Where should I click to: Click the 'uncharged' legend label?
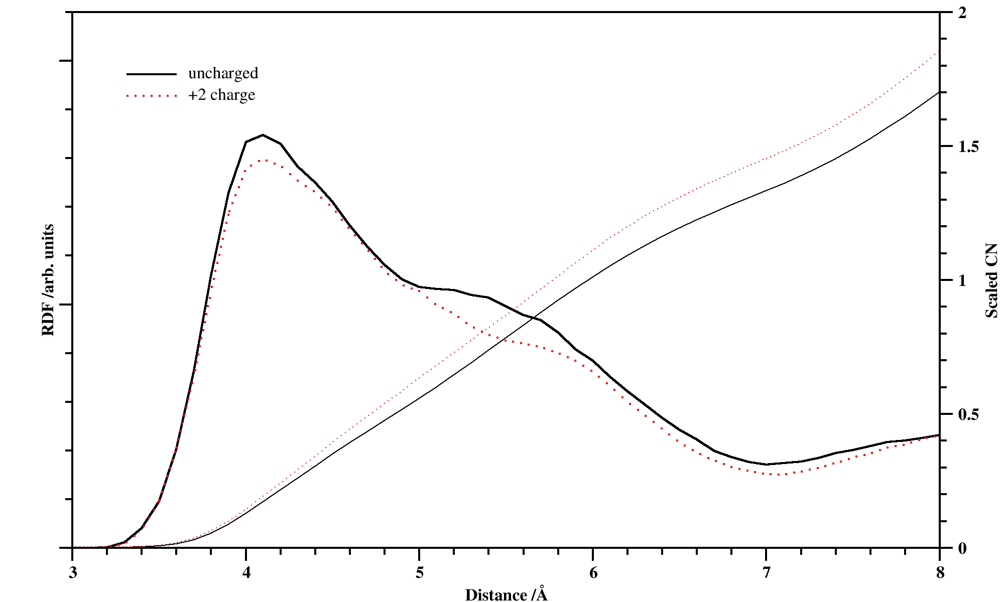(x=223, y=73)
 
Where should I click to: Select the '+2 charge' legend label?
(x=221, y=95)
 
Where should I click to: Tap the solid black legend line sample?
(x=152, y=74)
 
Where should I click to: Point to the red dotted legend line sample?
(x=152, y=95)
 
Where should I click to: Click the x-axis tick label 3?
(x=73, y=573)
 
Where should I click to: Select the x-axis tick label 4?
(x=246, y=573)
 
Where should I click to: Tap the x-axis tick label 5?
(x=419, y=573)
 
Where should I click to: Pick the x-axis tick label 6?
(x=593, y=573)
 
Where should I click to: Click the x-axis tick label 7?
(x=766, y=573)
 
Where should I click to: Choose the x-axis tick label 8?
(x=940, y=573)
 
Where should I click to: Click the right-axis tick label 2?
(x=962, y=13)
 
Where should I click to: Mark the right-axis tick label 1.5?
(x=968, y=146)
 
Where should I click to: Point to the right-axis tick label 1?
(x=962, y=280)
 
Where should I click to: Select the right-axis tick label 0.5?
(x=968, y=414)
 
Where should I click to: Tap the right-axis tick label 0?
(x=962, y=548)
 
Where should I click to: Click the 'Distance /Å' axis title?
(x=506, y=594)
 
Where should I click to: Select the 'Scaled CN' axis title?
(x=991, y=280)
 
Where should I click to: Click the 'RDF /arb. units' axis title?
(x=48, y=280)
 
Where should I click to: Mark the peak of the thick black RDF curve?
(x=263, y=135)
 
